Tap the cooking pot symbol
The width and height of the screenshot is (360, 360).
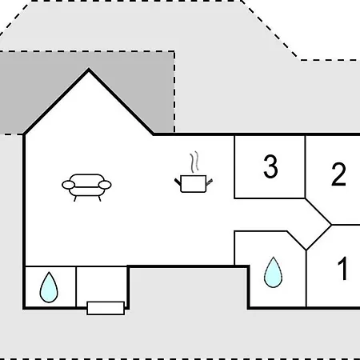pos(194,184)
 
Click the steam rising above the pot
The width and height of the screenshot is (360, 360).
pos(195,162)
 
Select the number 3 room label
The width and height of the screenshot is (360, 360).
pos(270,166)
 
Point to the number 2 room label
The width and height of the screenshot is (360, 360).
pos(338,174)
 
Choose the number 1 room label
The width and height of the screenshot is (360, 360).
pos(343,269)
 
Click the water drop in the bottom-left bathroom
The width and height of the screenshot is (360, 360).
pos(49,287)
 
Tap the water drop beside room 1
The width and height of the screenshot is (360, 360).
pos(273,272)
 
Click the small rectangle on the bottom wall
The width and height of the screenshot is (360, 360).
pos(106,308)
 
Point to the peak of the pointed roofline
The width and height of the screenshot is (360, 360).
pos(89,69)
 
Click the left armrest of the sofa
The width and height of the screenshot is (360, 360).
pos(69,185)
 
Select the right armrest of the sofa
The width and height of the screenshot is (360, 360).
pos(105,185)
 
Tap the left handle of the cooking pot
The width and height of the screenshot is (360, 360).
pos(178,182)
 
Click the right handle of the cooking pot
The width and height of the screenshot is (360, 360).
pos(210,182)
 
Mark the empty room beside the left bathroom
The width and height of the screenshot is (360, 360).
pos(102,284)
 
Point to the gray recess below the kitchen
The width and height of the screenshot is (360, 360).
pos(188,288)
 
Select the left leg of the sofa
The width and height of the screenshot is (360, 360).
pos(75,198)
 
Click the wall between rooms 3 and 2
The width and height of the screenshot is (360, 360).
pos(305,167)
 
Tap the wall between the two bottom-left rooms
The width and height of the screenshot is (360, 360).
pos(76,286)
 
